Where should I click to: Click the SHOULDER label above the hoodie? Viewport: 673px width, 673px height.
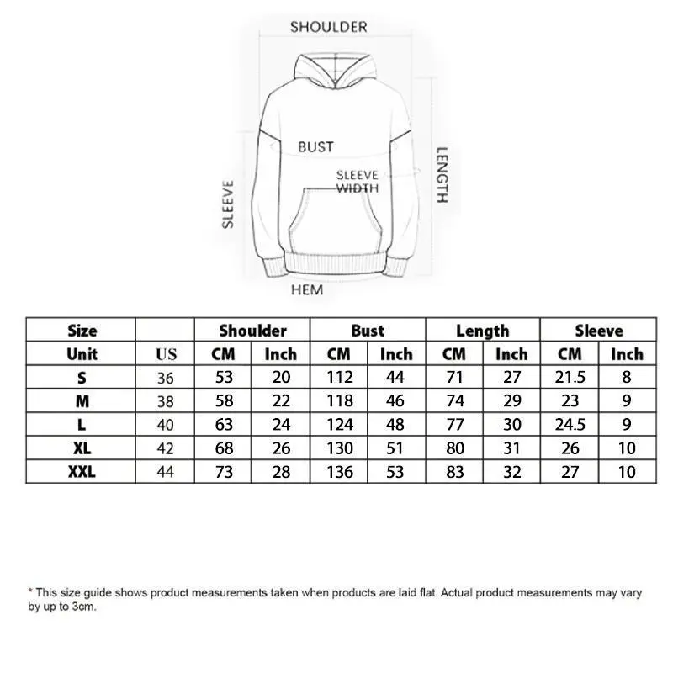[329, 27]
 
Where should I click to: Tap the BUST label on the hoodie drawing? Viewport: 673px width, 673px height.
[315, 147]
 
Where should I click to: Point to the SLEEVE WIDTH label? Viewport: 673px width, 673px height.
[358, 182]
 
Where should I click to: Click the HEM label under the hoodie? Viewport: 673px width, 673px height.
[307, 290]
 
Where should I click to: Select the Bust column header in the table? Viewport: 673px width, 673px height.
[368, 331]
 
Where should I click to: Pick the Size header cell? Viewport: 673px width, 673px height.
[82, 331]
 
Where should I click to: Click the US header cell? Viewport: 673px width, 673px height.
[166, 355]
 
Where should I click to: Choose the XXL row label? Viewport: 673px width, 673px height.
[82, 472]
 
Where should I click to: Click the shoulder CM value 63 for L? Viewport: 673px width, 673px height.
[224, 425]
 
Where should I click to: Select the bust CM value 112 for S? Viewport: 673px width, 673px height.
[339, 378]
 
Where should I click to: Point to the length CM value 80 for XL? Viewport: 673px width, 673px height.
[454, 448]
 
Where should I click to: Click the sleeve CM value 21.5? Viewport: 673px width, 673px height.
[570, 378]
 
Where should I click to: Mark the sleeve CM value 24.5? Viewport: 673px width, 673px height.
[570, 425]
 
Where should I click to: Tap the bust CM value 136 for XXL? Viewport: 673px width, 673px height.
[339, 472]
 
